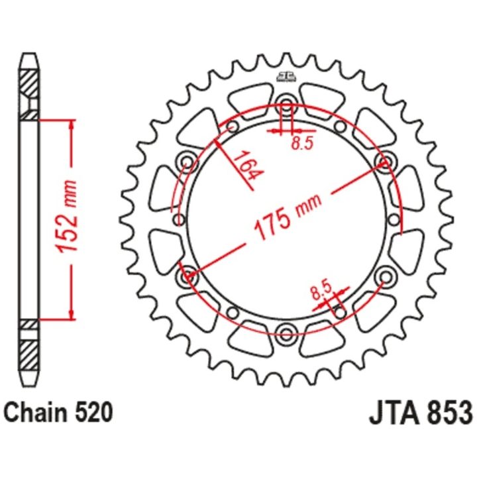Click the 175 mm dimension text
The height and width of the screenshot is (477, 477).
(288, 216)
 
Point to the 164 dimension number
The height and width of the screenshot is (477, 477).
(248, 166)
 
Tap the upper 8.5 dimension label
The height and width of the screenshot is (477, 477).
(302, 143)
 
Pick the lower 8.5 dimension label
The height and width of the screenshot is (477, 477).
(321, 291)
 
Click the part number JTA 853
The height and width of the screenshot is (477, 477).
(421, 412)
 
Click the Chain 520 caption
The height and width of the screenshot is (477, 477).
(58, 412)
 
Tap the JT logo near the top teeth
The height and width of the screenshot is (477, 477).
(286, 78)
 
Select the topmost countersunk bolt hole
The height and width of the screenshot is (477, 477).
(286, 102)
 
